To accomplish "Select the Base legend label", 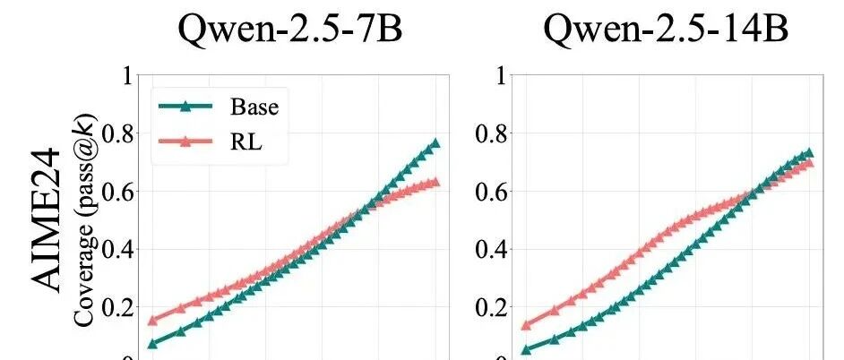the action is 254,107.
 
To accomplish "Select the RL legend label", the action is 246,141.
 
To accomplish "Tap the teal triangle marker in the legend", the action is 185,106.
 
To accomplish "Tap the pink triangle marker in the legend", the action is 185,141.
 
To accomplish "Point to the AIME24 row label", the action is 45,220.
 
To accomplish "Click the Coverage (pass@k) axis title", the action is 86,220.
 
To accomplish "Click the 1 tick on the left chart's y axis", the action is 127,75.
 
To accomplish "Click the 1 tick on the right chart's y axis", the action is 501,75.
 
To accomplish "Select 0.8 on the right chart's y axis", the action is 490,133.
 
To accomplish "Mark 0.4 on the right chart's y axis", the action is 490,249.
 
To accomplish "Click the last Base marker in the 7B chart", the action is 435,142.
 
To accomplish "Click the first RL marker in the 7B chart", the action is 152,321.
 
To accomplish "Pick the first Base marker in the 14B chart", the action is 526,350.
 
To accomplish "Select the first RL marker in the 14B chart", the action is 526,325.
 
